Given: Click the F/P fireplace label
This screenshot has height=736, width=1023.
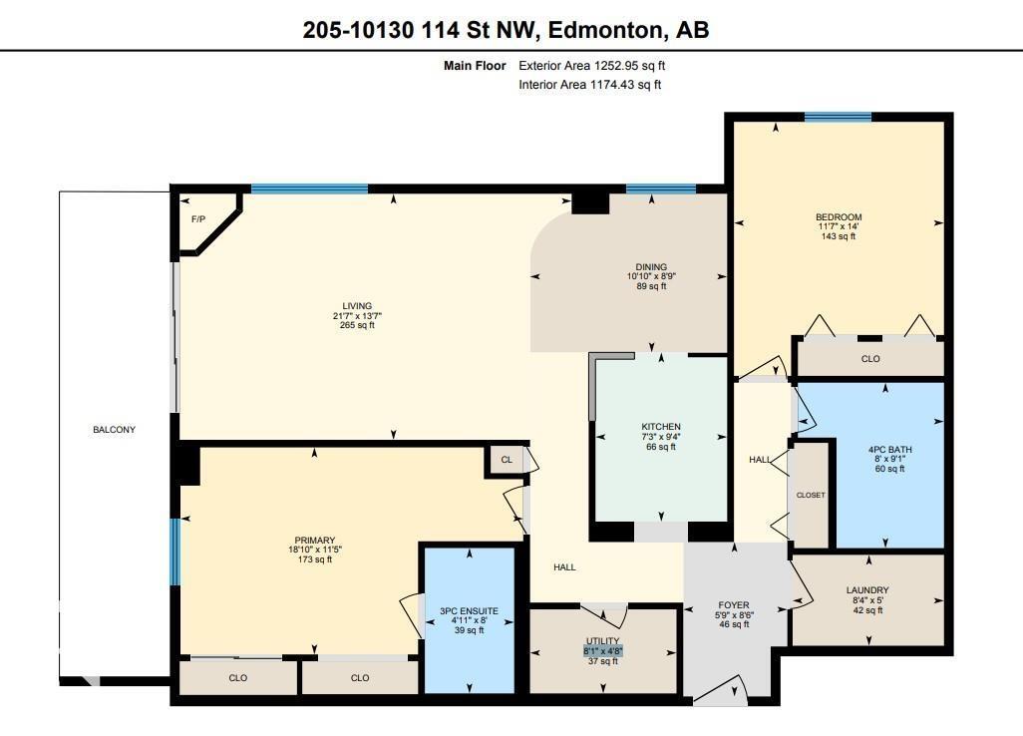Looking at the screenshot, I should click(197, 218).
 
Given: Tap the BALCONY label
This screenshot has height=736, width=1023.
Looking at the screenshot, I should click(114, 430).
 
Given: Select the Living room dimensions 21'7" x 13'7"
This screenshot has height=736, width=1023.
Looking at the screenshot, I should click(357, 315).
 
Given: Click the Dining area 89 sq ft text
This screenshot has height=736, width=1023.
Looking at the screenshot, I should click(650, 286).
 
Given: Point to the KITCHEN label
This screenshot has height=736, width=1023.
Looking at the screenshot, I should click(660, 427).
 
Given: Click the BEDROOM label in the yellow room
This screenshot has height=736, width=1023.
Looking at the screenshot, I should click(838, 216).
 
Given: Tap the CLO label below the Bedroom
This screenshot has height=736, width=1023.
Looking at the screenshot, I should click(870, 359).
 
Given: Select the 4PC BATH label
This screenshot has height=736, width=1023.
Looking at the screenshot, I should click(889, 449).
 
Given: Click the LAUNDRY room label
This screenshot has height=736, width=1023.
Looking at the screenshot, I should click(866, 590).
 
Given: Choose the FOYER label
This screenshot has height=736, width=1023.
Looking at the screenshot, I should click(734, 604).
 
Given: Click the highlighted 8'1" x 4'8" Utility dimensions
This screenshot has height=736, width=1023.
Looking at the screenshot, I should click(602, 651).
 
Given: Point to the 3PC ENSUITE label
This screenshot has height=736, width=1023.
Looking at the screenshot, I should click(469, 610).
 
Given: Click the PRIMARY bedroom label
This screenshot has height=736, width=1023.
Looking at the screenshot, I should click(314, 540).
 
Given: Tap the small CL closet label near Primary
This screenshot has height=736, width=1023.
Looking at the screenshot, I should click(507, 460).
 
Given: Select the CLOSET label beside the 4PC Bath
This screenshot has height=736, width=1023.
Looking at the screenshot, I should click(810, 495).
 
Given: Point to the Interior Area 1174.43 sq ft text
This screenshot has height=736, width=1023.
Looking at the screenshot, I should click(589, 85).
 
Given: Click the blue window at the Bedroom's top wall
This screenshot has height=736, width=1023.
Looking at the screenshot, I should click(838, 117).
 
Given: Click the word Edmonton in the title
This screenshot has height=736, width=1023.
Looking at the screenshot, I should click(602, 30).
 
